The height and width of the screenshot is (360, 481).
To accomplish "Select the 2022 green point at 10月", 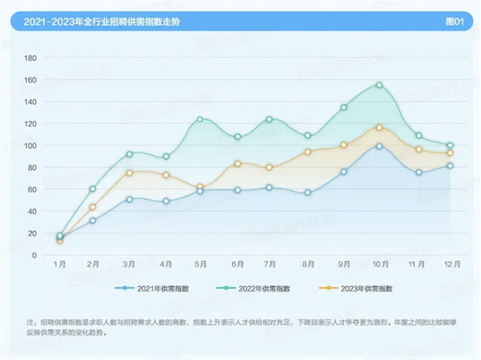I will point(379,85).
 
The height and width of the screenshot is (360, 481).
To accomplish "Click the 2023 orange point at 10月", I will point(379,127).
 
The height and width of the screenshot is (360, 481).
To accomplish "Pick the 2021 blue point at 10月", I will point(379,146).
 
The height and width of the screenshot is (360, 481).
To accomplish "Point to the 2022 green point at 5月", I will point(200,119).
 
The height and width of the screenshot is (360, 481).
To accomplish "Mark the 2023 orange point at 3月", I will point(129,173).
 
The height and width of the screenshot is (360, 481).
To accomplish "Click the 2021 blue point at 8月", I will point(307,192).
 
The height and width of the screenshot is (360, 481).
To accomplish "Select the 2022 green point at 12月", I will point(450,146).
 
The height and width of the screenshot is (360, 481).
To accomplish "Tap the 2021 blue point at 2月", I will point(93,220).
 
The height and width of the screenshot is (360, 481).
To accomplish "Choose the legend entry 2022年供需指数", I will point(245,288).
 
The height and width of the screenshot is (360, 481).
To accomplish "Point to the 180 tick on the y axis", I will point(31,59).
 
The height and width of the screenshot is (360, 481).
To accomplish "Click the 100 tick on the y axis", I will point(31,146).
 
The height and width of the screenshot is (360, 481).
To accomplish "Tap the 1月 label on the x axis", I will point(59,264).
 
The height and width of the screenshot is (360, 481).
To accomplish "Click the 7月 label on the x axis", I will point(271,264).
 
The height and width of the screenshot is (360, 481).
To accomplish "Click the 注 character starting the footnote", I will point(30,322).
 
